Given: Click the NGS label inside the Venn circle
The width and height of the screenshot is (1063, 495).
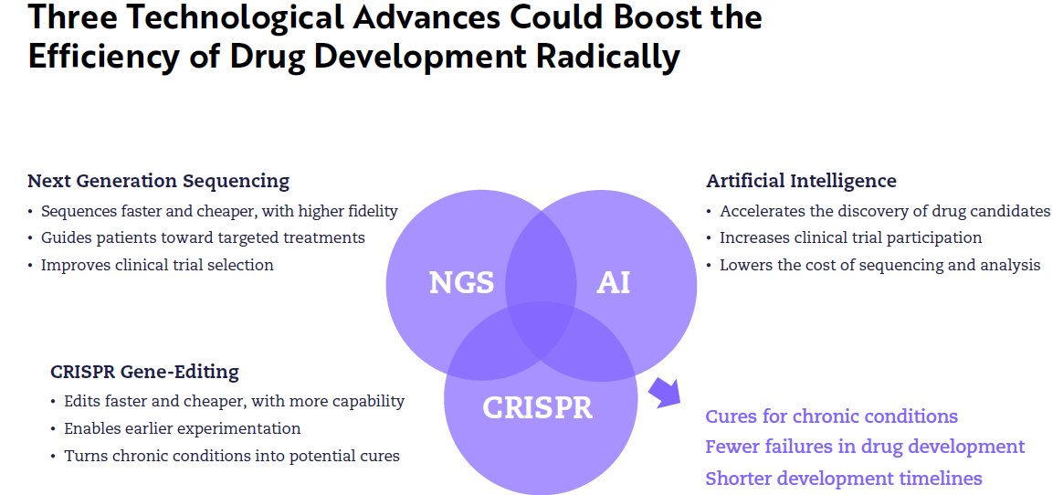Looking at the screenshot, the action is coord(461,283).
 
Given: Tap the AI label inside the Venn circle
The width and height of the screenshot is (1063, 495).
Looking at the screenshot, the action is coord(613,283).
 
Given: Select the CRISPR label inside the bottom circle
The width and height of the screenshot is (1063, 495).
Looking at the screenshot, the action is coord(537,407).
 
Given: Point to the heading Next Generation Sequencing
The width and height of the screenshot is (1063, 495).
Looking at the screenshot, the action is coord(158,181).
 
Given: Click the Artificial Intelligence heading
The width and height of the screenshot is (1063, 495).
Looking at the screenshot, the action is coord(801,181).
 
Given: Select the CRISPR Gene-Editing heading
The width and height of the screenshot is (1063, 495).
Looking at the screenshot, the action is coord(144,372).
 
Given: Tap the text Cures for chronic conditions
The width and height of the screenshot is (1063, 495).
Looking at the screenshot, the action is coord(831,416).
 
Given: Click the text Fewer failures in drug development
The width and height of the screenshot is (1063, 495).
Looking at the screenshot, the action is coord(865,447).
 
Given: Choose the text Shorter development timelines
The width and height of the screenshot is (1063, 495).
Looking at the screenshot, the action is coord(843,478).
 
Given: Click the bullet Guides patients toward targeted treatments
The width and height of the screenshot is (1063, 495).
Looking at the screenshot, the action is coord(203,237).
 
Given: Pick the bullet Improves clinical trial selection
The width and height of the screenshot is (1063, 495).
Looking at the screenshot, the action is coord(157,265).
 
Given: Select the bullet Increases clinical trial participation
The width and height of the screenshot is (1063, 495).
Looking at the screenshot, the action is coord(850,237).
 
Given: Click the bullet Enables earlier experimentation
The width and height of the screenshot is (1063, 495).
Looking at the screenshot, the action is coord(182,428).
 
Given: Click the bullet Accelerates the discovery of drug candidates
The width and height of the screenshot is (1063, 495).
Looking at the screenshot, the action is coord(885,211).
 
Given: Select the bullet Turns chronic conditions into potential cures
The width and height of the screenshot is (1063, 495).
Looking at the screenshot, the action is coord(231,456).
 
